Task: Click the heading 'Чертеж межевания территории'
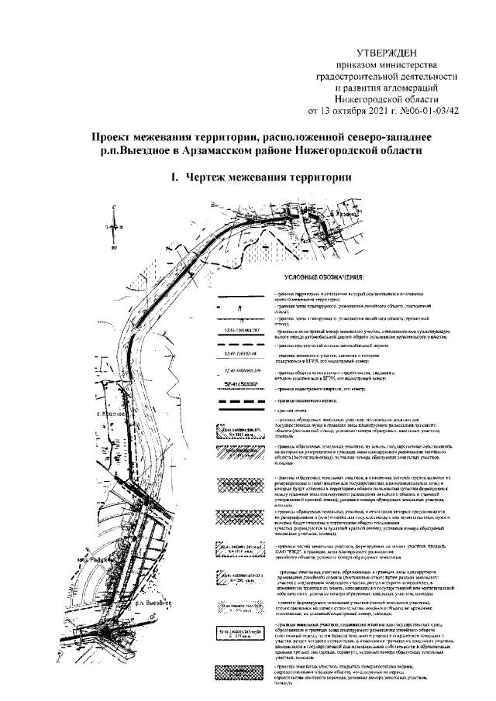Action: point(265,177)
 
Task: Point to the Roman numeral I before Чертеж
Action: point(174,177)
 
